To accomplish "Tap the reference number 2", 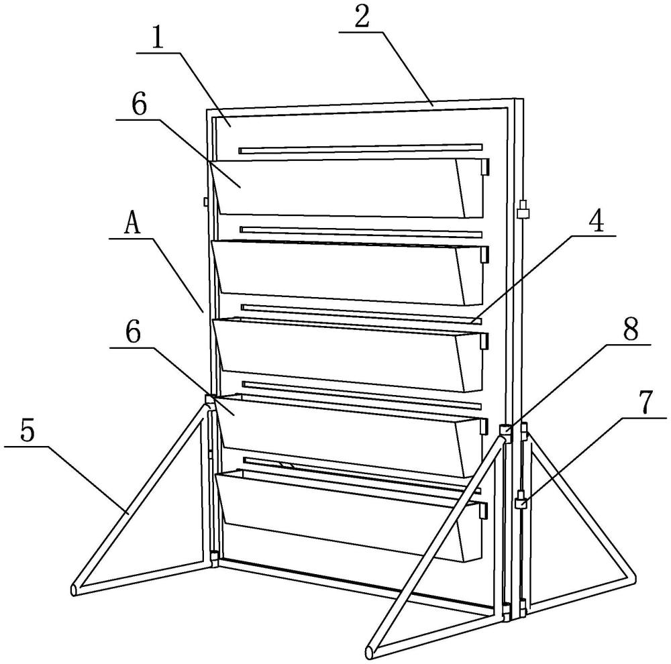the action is [x=362, y=17].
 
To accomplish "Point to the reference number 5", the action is [x=27, y=431].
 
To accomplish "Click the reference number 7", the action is [x=646, y=402].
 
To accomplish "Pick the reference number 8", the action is [x=630, y=329].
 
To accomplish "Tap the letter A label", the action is [x=132, y=224].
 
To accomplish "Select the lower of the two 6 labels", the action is [x=133, y=333].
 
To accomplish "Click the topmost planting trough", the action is [x=348, y=188].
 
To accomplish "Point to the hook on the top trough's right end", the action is [x=486, y=167].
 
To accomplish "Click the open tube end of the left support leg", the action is [x=74, y=590].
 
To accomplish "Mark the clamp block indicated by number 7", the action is [x=521, y=500].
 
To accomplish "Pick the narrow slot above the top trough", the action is [x=361, y=148].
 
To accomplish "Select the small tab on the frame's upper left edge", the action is [x=205, y=201].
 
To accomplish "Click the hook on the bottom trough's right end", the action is [x=485, y=511].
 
